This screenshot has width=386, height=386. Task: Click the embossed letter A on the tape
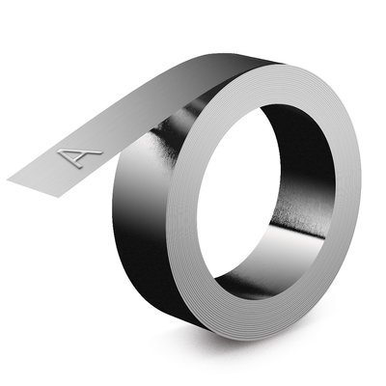coord(80,158)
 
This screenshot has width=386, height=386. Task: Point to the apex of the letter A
coord(99,152)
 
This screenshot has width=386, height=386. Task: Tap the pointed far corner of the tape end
coord(8,180)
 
